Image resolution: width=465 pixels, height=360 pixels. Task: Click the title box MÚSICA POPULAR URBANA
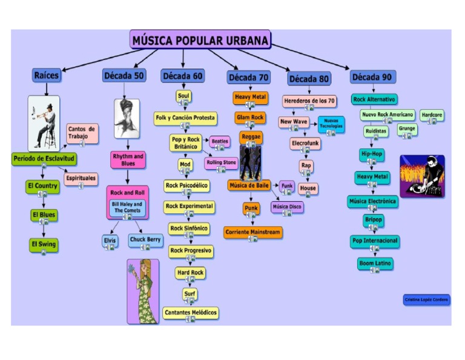pyautogui.click(x=200, y=41)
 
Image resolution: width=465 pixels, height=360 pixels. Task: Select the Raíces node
pyautogui.click(x=46, y=76)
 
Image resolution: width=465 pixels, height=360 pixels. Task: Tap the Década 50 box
pyautogui.click(x=124, y=76)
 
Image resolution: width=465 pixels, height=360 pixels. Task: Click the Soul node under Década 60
pyautogui.click(x=183, y=96)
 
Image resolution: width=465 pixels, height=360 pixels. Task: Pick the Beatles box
pyautogui.click(x=220, y=141)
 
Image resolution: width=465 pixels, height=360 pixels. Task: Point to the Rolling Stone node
pyautogui.click(x=221, y=162)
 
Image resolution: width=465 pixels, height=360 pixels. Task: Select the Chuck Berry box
pyautogui.click(x=145, y=240)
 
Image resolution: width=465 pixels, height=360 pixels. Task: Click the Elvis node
pyautogui.click(x=110, y=240)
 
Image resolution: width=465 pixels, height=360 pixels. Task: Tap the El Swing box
pyautogui.click(x=43, y=244)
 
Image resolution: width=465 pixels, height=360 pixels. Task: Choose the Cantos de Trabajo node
pyautogui.click(x=82, y=132)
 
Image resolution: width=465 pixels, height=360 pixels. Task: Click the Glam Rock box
pyautogui.click(x=250, y=117)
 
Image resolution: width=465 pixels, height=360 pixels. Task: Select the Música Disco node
pyautogui.click(x=287, y=207)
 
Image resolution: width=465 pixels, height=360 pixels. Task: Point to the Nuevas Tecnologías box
pyautogui.click(x=331, y=123)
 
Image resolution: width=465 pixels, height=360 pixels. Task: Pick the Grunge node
pyautogui.click(x=407, y=128)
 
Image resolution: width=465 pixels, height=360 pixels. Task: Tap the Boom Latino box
pyautogui.click(x=375, y=264)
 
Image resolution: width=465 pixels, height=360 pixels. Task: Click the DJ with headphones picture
pyautogui.click(x=422, y=176)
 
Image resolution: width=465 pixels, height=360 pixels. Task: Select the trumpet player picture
pyautogui.click(x=44, y=122)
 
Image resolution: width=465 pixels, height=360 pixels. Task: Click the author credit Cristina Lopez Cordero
pyautogui.click(x=427, y=299)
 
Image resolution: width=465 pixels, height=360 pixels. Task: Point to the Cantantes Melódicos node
pyautogui.click(x=190, y=312)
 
